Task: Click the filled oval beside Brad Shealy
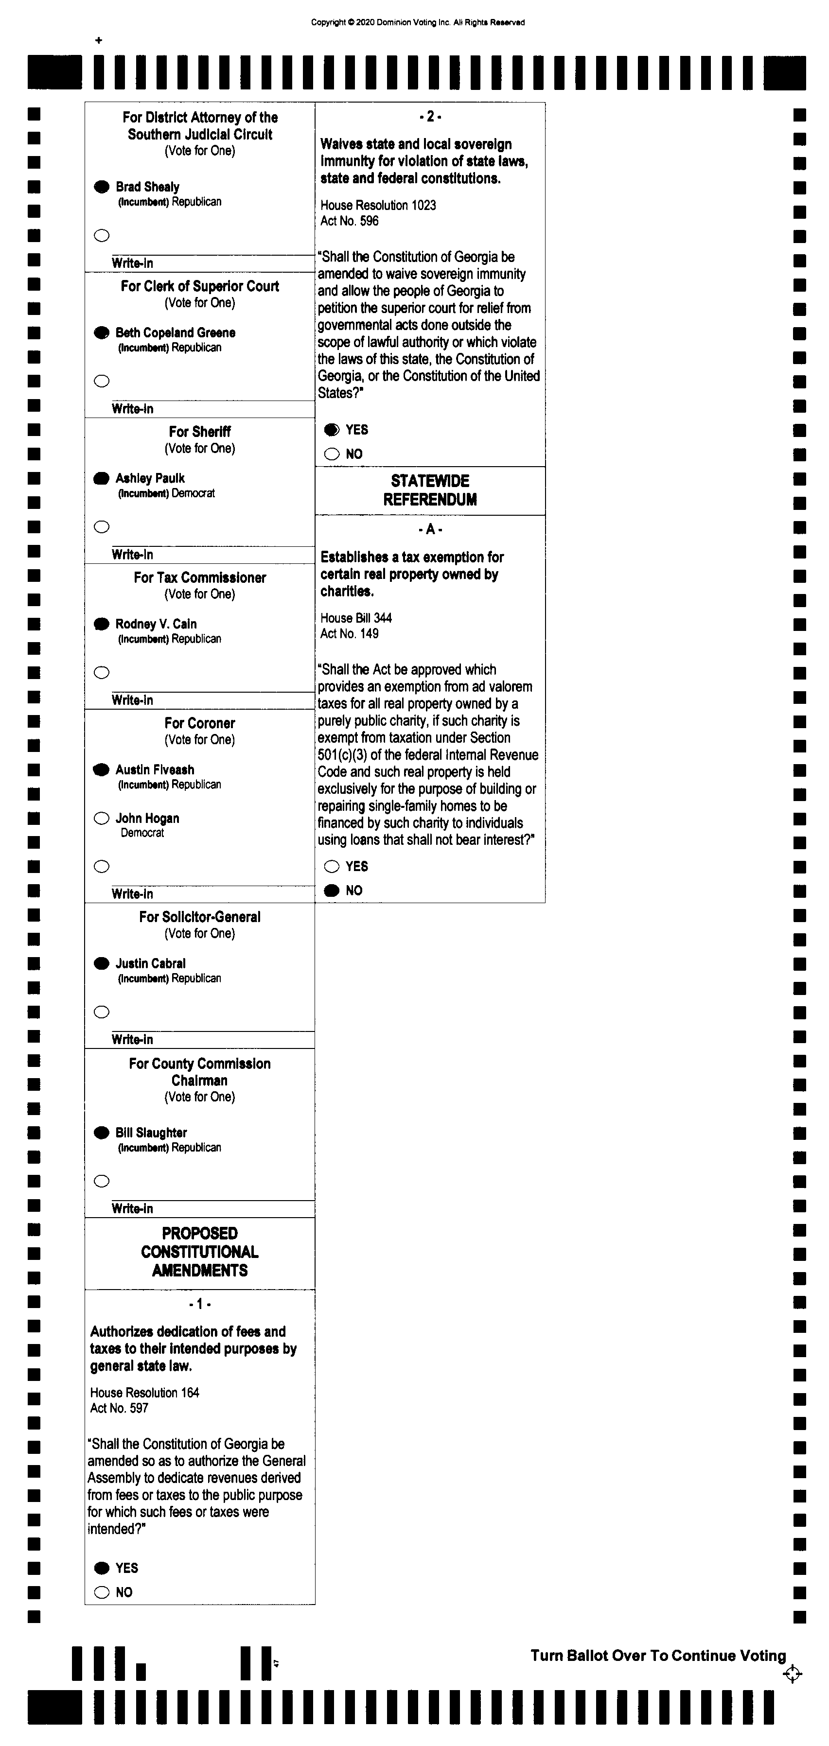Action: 102,186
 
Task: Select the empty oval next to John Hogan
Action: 102,818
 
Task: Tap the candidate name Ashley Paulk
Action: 150,478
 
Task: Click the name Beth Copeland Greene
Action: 175,332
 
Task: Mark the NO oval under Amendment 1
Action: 102,1592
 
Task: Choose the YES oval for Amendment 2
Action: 332,430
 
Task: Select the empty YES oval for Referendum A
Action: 332,866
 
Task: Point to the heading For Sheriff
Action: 199,432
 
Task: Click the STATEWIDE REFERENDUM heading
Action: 430,490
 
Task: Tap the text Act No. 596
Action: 349,221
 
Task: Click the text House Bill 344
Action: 356,617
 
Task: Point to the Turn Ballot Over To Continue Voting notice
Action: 657,1655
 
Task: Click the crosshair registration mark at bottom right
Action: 792,1674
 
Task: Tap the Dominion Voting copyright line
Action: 418,22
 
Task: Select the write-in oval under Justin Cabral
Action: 102,1012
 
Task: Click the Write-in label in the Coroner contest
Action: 132,894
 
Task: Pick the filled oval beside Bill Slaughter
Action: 102,1132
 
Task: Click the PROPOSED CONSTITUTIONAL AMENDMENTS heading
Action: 199,1252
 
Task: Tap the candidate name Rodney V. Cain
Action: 156,624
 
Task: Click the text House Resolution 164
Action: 144,1392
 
